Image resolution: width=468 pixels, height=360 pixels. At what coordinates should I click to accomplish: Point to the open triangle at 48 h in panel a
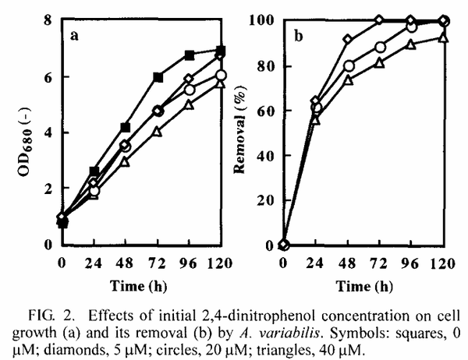pos(126,161)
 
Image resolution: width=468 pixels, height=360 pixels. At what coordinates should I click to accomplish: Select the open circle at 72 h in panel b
pos(380,48)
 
